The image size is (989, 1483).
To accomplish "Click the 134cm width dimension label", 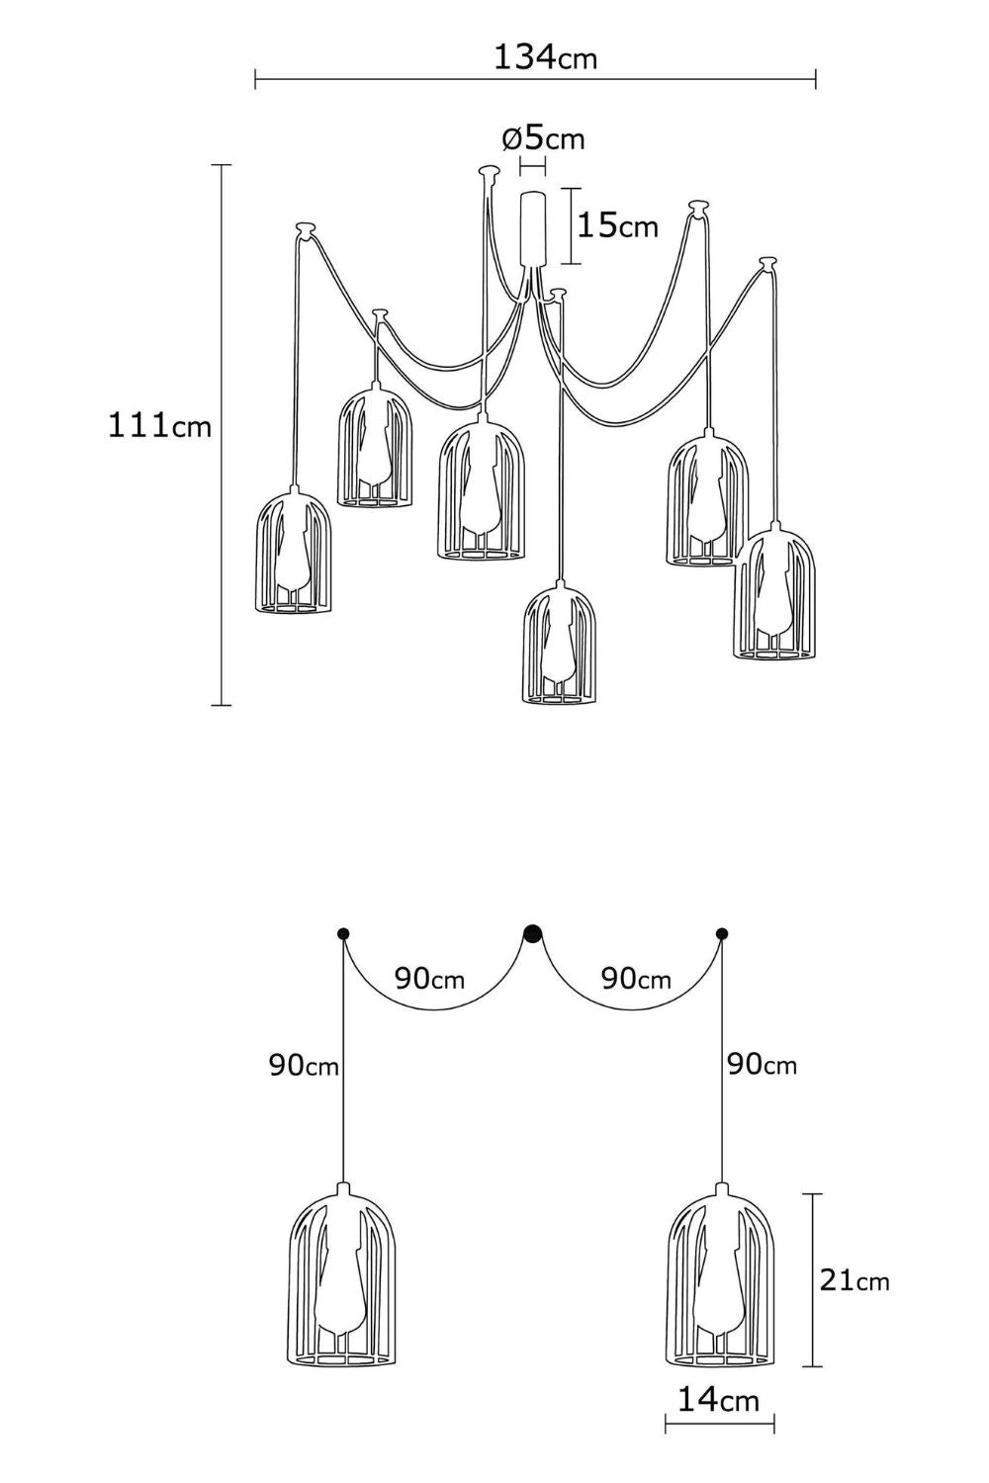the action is coord(545,57).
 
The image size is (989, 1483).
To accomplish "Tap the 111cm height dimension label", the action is coord(159,425).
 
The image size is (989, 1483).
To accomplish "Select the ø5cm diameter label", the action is coord(544,139).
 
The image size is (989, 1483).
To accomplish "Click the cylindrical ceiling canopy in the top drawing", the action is coord(533,228).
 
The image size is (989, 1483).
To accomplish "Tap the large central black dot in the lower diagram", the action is coord(533,934).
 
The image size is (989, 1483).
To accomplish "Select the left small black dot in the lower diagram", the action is coord(344,934).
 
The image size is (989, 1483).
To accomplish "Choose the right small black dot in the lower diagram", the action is coord(722,934).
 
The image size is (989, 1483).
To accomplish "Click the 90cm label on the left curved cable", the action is coord(429,979).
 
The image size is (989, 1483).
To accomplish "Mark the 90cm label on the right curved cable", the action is coord(636,979).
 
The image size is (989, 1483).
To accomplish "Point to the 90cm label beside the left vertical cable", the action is coord(304,1066).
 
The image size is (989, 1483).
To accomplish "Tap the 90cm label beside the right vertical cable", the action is coord(762,1065).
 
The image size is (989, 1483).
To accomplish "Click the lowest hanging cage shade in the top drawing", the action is coord(560,643).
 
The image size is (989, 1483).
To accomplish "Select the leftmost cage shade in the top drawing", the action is coord(293,551).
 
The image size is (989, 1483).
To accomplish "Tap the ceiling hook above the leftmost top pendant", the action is coord(306,229).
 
